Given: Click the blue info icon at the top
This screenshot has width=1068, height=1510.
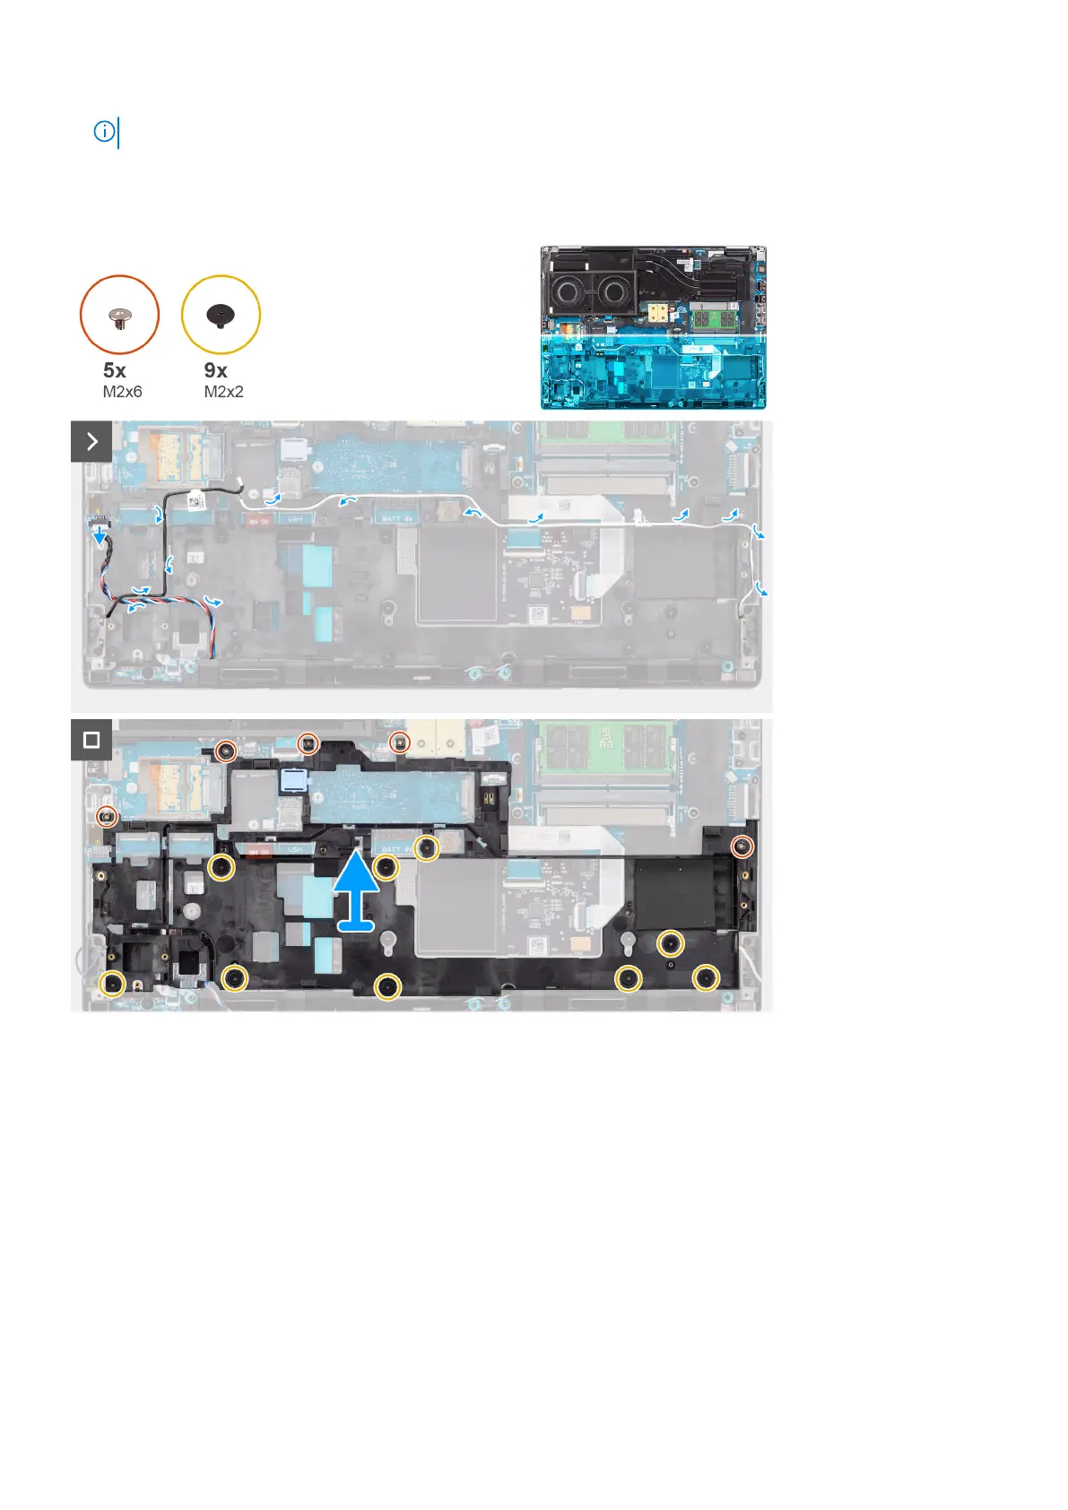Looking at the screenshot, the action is point(104,132).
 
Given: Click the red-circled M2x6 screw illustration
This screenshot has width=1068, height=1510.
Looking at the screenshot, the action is point(119,315).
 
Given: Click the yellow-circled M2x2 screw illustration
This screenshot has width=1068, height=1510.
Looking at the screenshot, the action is point(221,315).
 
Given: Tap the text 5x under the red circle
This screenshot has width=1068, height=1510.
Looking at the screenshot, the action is point(115,370).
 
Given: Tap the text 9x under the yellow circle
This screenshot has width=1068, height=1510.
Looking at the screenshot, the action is point(216,370).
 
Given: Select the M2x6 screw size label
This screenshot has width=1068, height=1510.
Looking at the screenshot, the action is point(122,392).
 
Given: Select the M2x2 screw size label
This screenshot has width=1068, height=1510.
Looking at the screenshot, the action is point(223,392).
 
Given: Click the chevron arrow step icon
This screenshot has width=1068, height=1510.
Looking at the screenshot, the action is point(91,441).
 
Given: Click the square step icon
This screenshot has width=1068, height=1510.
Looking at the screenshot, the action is point(91,741).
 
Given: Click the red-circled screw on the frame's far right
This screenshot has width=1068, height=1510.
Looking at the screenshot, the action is point(742,846).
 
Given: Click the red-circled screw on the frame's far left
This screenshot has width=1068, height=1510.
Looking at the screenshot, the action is point(108,816).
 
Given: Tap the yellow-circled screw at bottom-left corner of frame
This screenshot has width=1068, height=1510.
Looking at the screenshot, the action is point(112,984).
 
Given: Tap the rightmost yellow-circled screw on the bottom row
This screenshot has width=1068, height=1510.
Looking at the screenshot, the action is point(707,977).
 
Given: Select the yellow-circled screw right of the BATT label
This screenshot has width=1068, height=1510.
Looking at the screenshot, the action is point(428,846).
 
